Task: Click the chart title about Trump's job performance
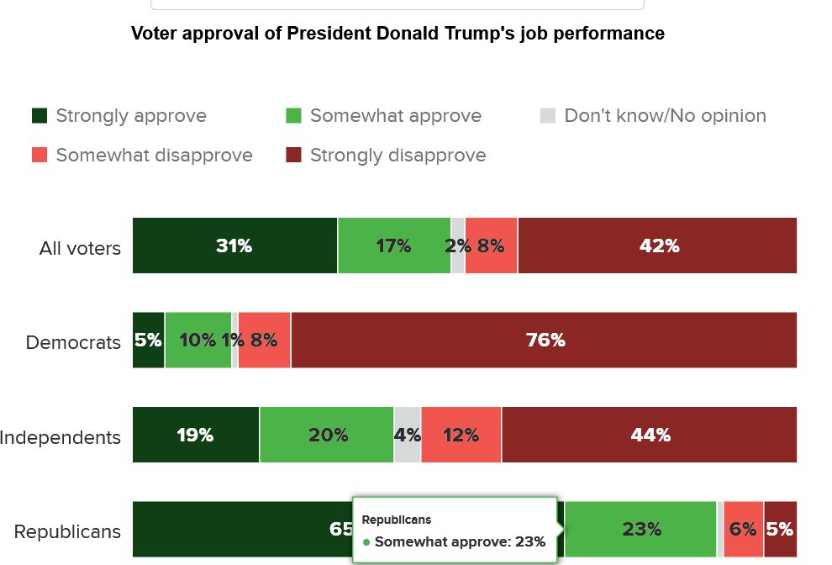tap(398, 34)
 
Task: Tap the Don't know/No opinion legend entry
tap(653, 116)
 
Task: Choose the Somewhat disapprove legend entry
tap(142, 156)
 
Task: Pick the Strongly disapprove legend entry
tap(386, 156)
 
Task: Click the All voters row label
tap(80, 248)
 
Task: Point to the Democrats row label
tap(73, 342)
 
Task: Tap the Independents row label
tap(61, 437)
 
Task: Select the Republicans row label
tap(67, 531)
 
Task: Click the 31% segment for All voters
tap(234, 246)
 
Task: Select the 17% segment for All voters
tap(393, 246)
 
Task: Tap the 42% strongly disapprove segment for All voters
tap(658, 246)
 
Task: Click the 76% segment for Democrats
tap(545, 341)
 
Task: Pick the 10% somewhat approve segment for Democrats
tap(197, 341)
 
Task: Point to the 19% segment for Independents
tap(195, 435)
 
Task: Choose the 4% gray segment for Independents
tap(408, 435)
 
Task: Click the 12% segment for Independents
tap(461, 435)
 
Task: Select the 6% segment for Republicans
tap(743, 529)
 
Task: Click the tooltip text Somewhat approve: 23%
tap(460, 541)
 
